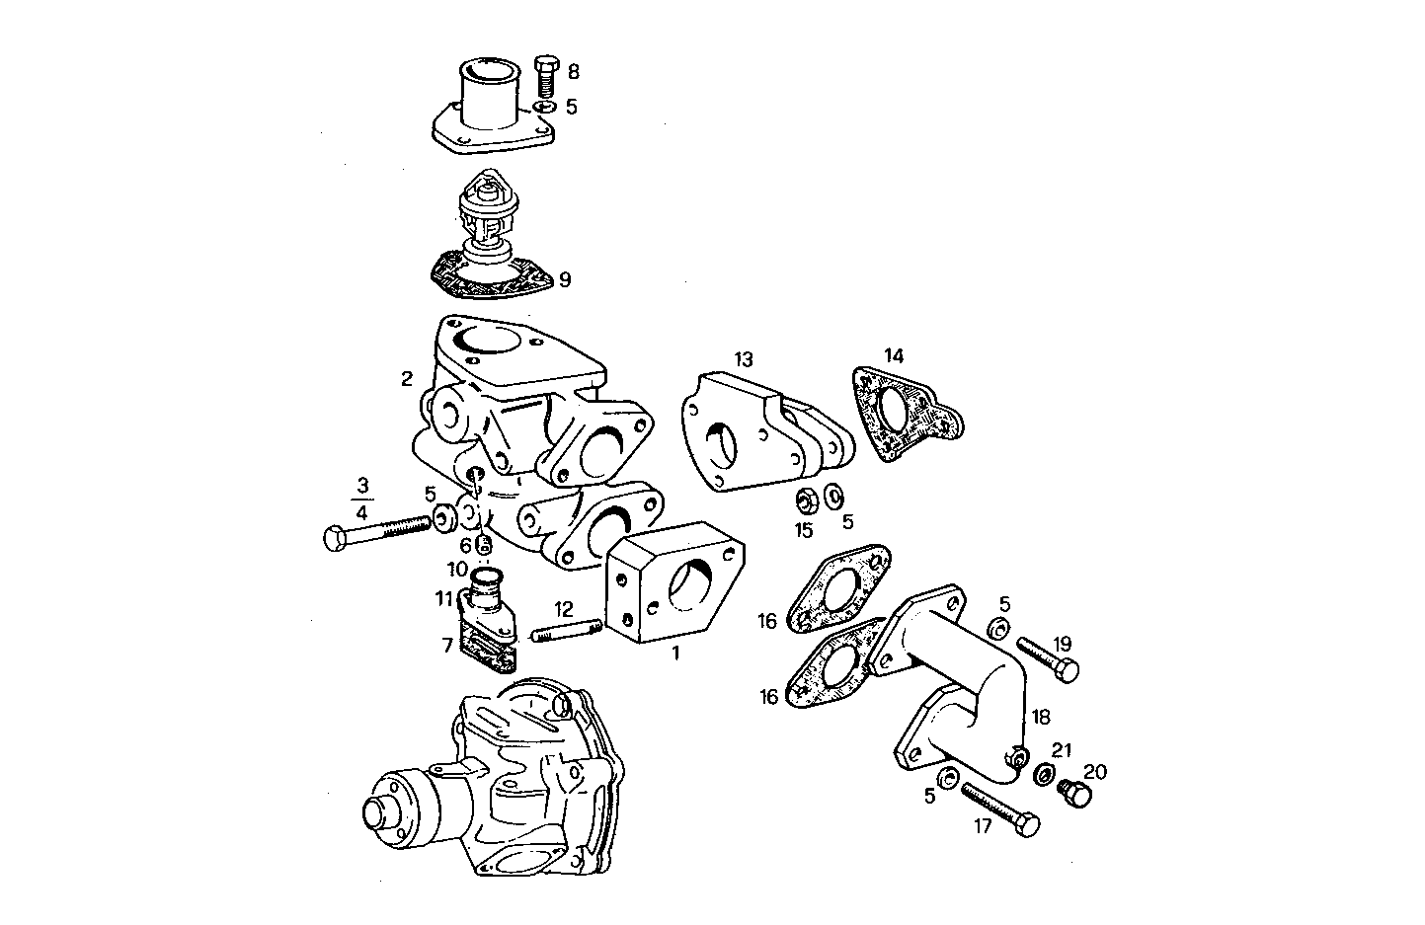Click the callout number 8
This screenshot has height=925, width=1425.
tap(574, 71)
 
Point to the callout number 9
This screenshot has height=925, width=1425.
tap(564, 280)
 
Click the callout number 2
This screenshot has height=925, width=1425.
tap(407, 378)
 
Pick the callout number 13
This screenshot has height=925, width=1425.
tap(743, 357)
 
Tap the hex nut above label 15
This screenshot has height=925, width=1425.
tap(805, 501)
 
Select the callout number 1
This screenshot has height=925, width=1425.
tap(676, 653)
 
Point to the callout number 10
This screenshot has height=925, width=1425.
tap(456, 570)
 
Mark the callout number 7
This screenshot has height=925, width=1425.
tap(448, 646)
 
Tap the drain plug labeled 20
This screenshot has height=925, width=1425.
tap(1074, 792)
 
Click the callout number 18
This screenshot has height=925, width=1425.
tap(1041, 717)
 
